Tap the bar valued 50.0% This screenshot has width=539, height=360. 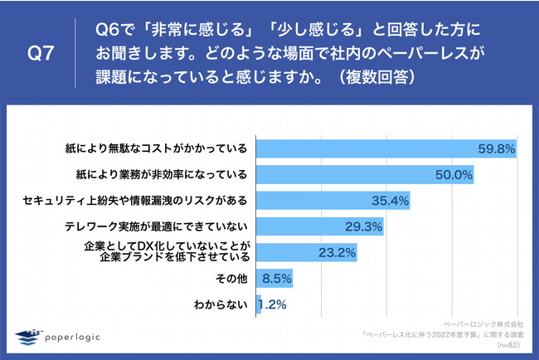366,175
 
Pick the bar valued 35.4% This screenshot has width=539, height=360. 333,201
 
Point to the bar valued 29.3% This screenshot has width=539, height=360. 320,226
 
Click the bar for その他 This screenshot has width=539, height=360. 274,278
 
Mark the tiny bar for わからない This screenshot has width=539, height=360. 260,304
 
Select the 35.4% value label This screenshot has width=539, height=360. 390,201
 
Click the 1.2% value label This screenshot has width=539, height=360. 273,304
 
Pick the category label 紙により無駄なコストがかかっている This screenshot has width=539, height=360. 158,149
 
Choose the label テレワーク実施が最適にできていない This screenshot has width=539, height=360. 158,226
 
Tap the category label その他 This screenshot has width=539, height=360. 231,278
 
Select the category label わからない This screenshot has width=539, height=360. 220,304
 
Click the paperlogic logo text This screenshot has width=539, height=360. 82,335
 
